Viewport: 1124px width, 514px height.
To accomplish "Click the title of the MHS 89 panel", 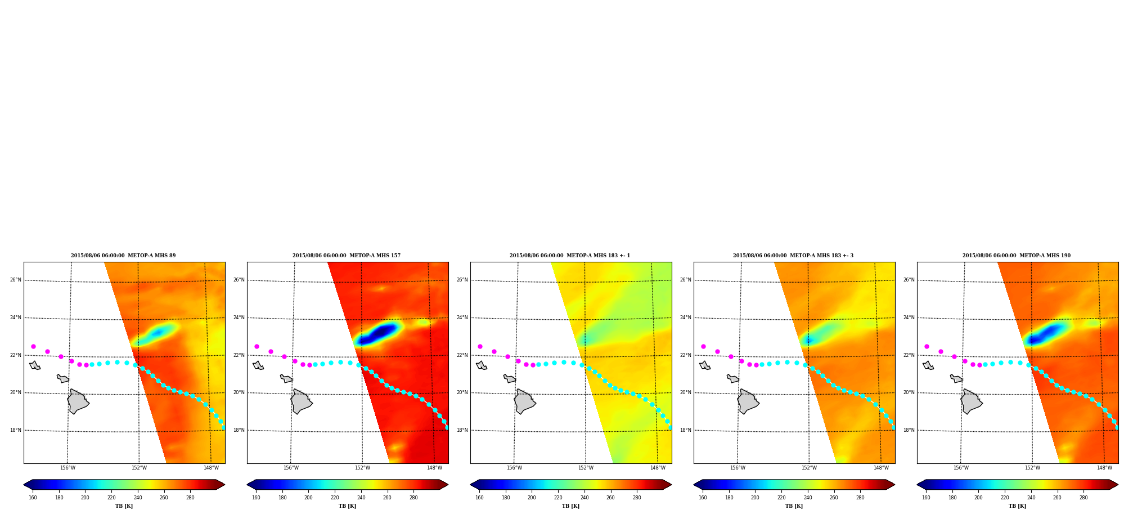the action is [123, 256].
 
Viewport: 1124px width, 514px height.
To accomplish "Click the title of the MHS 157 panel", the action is [347, 256].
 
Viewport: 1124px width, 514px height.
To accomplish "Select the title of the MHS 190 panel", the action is [1017, 256].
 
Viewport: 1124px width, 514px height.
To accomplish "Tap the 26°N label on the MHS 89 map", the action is [15, 280].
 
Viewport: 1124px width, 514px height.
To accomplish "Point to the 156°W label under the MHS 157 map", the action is [291, 468].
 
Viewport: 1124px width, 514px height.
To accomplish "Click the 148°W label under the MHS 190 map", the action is [1104, 468].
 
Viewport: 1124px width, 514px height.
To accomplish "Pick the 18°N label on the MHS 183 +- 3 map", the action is [685, 430].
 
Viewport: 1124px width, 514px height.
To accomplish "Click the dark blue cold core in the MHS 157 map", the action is [381, 332].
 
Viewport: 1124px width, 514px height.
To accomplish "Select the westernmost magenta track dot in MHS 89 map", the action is [33, 346].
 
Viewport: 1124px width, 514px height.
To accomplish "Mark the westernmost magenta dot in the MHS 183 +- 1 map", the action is [480, 346].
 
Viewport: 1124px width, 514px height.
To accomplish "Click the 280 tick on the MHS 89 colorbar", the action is [190, 498].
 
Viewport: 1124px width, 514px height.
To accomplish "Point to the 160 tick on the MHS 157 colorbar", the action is [256, 498].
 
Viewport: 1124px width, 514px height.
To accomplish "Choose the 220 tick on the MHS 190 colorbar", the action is [1005, 498].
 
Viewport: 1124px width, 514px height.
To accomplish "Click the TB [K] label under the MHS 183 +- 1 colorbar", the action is [570, 506].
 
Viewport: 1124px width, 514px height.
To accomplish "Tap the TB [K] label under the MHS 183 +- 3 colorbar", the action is [794, 506].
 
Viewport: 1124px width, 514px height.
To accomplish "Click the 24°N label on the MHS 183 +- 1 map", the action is [462, 318].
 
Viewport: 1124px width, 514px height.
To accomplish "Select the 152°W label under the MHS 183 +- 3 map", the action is [809, 468].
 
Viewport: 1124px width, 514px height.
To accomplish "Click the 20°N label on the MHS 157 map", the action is [239, 392].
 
